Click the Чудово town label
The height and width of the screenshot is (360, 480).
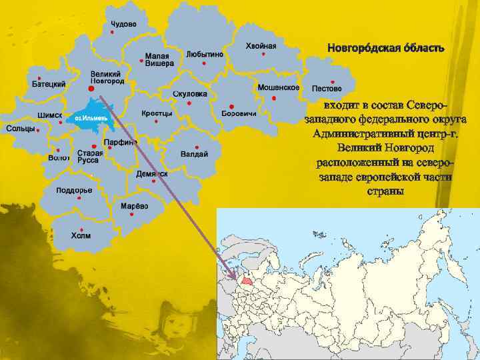click(x=123, y=23)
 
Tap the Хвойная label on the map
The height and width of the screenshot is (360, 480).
click(x=261, y=45)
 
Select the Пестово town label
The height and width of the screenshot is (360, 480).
click(x=326, y=88)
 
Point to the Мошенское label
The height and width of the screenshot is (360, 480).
click(x=277, y=87)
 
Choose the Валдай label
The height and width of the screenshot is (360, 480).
click(x=194, y=154)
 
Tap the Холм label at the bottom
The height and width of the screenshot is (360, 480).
click(x=81, y=235)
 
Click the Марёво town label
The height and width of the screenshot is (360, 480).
click(x=134, y=207)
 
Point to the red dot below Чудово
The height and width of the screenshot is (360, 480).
click(x=112, y=32)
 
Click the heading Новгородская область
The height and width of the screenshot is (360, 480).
click(x=385, y=49)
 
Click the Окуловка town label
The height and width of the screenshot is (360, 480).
click(x=189, y=94)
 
